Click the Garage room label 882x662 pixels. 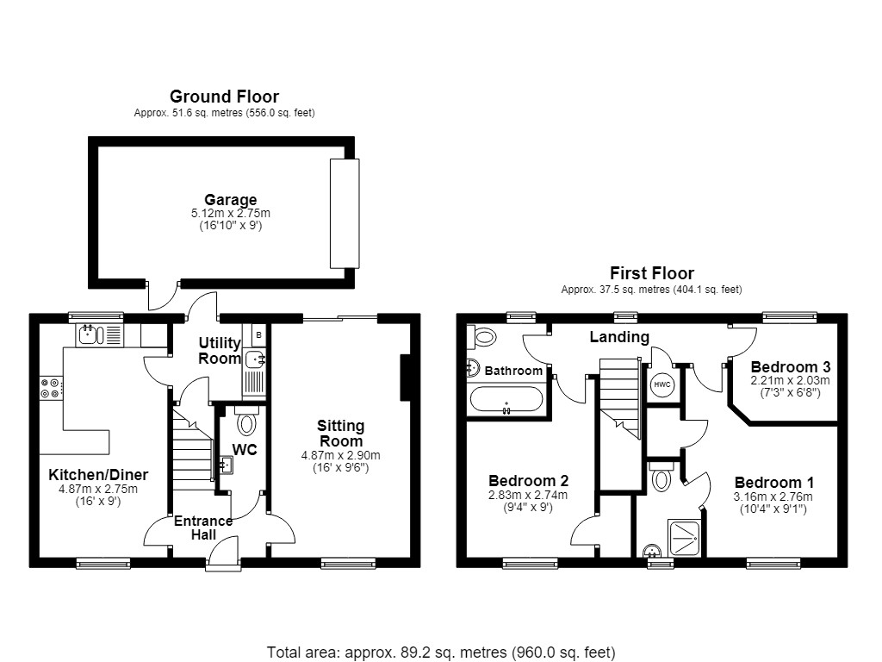(231, 200)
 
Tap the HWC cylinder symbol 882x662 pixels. (662, 385)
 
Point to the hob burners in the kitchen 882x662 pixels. (51, 388)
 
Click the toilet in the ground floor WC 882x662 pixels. (246, 420)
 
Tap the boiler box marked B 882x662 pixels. (258, 335)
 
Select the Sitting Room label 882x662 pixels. (341, 434)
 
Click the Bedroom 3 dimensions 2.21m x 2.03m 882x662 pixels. (791, 380)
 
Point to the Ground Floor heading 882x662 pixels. (225, 97)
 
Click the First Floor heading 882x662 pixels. (652, 273)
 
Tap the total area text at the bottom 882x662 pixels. (441, 653)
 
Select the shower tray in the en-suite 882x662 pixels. (685, 539)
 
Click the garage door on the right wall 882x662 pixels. (345, 214)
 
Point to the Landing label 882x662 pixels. (619, 337)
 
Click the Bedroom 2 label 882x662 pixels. (528, 481)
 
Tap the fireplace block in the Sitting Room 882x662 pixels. (405, 378)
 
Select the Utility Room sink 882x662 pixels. (255, 358)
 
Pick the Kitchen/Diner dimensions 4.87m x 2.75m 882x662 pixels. (98, 490)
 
